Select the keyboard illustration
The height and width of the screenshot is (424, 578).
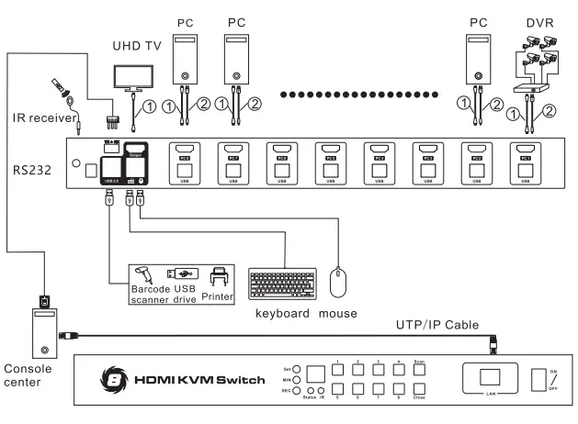click(x=280, y=281)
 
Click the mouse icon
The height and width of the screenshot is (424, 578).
click(x=339, y=280)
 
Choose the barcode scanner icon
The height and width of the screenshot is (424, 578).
click(x=145, y=274)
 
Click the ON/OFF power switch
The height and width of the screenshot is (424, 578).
click(x=538, y=380)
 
